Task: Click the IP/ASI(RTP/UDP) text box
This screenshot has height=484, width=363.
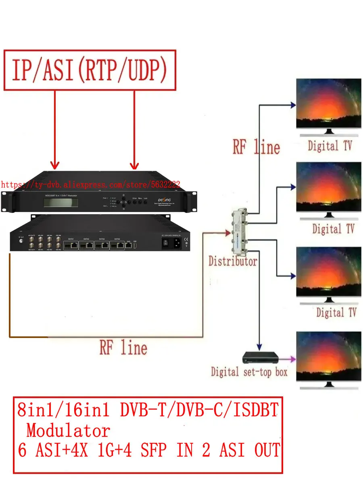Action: (x=90, y=70)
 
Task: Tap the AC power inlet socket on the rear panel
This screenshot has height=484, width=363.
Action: (x=176, y=242)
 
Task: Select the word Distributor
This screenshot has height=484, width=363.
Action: (x=233, y=261)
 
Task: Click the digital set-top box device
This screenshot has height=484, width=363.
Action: (x=260, y=357)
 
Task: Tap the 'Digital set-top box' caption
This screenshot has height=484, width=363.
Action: (x=249, y=372)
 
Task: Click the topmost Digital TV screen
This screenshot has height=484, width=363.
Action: (x=329, y=104)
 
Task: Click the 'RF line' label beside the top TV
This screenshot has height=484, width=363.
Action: (x=256, y=147)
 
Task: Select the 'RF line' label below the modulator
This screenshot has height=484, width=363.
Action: (x=123, y=348)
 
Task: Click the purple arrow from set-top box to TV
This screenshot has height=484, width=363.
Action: (x=287, y=358)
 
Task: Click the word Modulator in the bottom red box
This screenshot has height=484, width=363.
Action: (x=68, y=431)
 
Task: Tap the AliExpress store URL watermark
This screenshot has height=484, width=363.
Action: (x=90, y=185)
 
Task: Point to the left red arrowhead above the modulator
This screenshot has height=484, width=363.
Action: (x=55, y=165)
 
